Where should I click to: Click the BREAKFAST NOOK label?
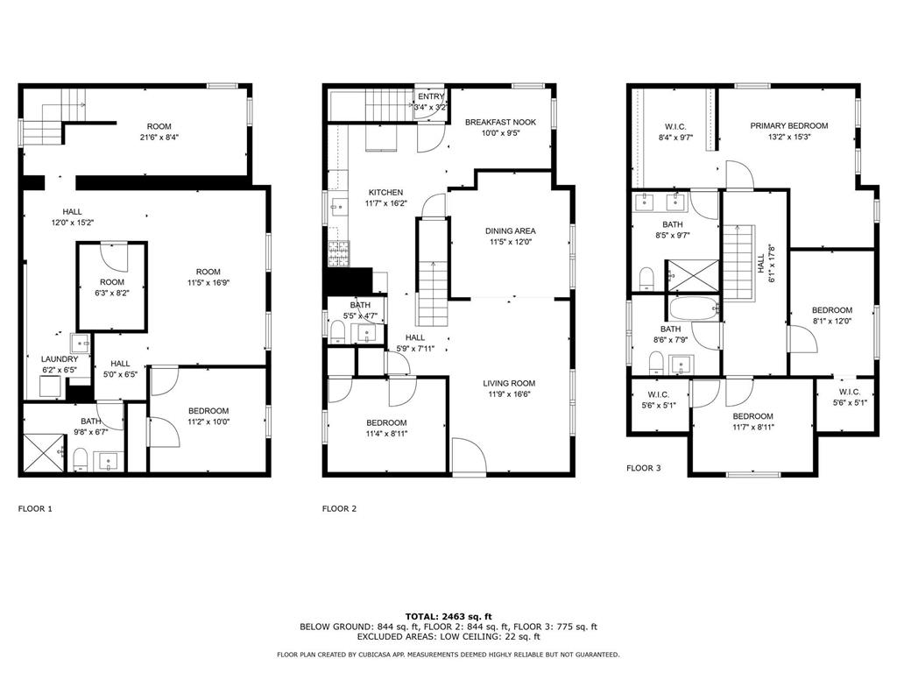pyautogui.click(x=500, y=122)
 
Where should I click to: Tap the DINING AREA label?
pyautogui.click(x=511, y=231)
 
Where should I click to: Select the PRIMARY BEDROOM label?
pyautogui.click(x=789, y=126)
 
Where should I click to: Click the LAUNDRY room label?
pyautogui.click(x=60, y=359)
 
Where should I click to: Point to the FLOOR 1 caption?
pyautogui.click(x=35, y=509)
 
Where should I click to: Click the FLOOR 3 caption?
pyautogui.click(x=644, y=468)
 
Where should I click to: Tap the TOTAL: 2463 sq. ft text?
pyautogui.click(x=448, y=616)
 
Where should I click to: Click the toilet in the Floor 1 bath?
pyautogui.click(x=80, y=459)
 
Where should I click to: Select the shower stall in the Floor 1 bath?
pyautogui.click(x=44, y=453)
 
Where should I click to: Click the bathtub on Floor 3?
pyautogui.click(x=694, y=309)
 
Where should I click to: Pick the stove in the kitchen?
pyautogui.click(x=339, y=254)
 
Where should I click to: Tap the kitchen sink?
pyautogui.click(x=338, y=205)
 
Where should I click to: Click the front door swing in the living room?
pyautogui.click(x=470, y=456)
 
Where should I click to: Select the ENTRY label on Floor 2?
pyautogui.click(x=431, y=96)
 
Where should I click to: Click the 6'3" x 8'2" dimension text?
pyautogui.click(x=112, y=293)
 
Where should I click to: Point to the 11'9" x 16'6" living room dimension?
pyautogui.click(x=509, y=393)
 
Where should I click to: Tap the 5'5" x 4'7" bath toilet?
pyautogui.click(x=338, y=332)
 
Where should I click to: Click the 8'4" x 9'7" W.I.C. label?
pyautogui.click(x=675, y=138)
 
